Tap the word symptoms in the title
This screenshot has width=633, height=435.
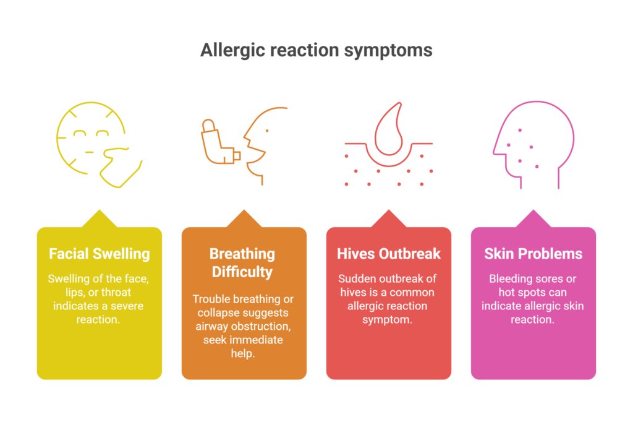pyautogui.click(x=388, y=51)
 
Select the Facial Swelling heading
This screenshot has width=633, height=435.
pyautogui.click(x=100, y=254)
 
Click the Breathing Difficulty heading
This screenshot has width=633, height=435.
pyautogui.click(x=242, y=263)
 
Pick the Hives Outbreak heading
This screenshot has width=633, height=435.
pyautogui.click(x=389, y=254)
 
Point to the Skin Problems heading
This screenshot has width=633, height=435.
pyautogui.click(x=533, y=254)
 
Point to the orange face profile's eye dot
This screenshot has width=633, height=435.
pyautogui.click(x=267, y=131)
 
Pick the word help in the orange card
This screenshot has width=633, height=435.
pyautogui.click(x=242, y=354)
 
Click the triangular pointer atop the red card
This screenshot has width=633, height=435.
pyautogui.click(x=389, y=219)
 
